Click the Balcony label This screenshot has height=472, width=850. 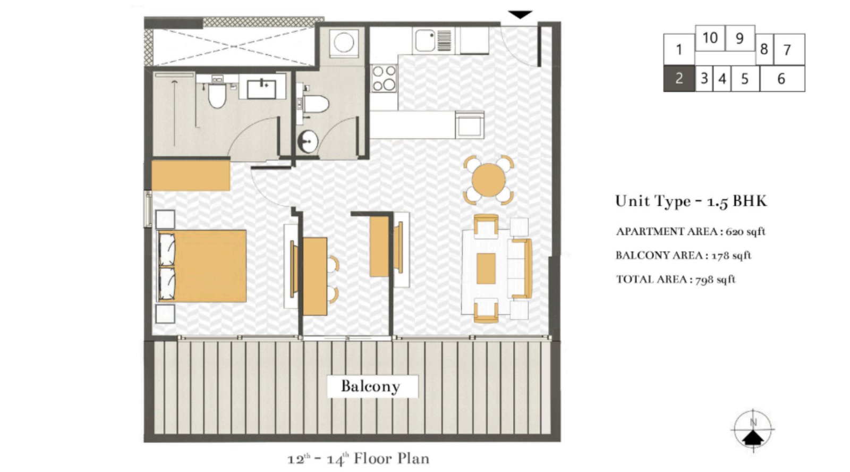coord(370,386)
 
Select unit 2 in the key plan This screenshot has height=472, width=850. coord(678,78)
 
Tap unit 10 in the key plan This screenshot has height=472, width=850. coord(710,38)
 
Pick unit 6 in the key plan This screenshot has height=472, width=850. coord(781,79)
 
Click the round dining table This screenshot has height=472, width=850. coord(488,180)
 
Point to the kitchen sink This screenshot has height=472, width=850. coord(426,40)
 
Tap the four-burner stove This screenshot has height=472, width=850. coord(384,78)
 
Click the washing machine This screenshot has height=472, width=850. coord(344,43)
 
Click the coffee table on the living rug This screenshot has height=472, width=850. coord(486,268)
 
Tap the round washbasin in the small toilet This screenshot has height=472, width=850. coord(307,141)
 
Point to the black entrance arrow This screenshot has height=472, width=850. coord(520,14)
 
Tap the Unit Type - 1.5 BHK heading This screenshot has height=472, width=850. coord(691,201)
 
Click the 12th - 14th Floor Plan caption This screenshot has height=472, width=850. coord(358,459)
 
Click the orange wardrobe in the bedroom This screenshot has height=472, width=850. coord(191,175)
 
